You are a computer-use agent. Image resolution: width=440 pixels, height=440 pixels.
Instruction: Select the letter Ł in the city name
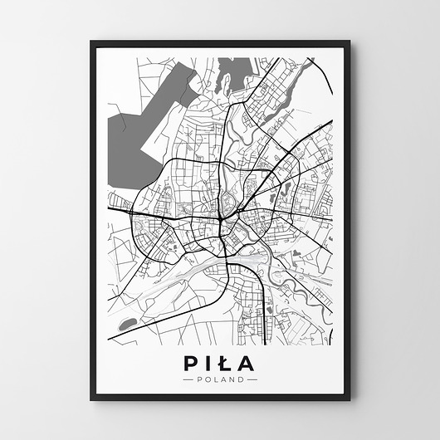point(223,364)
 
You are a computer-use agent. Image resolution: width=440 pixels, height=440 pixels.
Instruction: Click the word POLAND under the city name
point(220,380)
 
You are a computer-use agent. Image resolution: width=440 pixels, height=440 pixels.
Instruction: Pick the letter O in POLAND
point(207,380)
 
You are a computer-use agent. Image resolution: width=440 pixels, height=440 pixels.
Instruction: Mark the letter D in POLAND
point(242,380)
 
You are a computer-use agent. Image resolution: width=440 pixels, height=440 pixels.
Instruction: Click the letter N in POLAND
point(232,380)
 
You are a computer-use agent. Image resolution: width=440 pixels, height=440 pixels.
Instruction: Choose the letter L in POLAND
point(215,380)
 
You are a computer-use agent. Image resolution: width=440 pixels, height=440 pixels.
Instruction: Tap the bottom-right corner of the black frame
point(350,399)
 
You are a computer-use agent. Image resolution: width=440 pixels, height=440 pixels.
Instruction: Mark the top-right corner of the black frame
point(349,42)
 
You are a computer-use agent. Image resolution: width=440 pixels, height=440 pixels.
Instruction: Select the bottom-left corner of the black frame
point(90,399)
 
